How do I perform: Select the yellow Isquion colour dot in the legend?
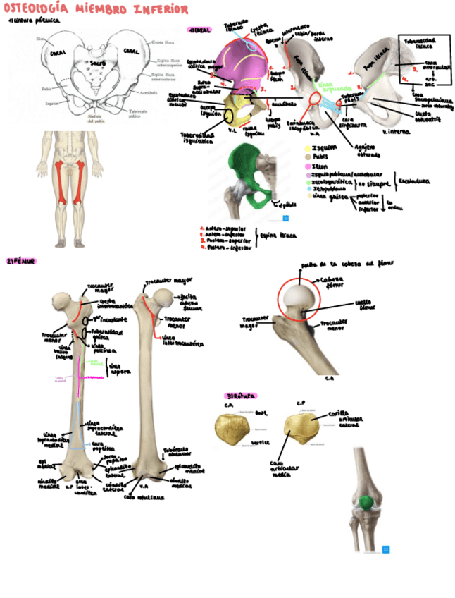[308, 148]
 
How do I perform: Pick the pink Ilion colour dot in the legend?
[308, 165]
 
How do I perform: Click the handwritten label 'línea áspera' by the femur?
[116, 367]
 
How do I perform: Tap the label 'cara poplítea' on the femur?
[103, 446]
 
